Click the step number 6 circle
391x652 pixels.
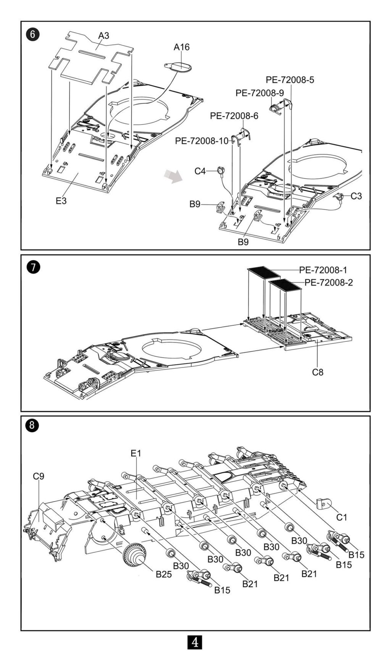click(x=33, y=34)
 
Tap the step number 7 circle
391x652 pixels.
click(x=33, y=267)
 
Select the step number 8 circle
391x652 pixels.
click(x=32, y=425)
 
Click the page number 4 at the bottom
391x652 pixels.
click(x=195, y=642)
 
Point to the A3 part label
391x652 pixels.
click(x=103, y=36)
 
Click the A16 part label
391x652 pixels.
click(x=181, y=47)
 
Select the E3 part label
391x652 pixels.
click(x=61, y=201)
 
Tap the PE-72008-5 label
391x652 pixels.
click(x=290, y=80)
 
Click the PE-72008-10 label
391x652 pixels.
click(x=202, y=141)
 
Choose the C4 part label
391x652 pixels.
click(x=200, y=171)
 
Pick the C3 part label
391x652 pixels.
click(x=356, y=196)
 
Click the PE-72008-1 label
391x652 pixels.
click(x=323, y=270)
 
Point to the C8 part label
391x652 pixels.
click(x=318, y=372)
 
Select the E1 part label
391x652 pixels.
click(x=136, y=453)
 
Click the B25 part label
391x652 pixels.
click(x=164, y=574)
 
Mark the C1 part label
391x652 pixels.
click(x=341, y=517)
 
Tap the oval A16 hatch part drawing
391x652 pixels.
click(x=178, y=67)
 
